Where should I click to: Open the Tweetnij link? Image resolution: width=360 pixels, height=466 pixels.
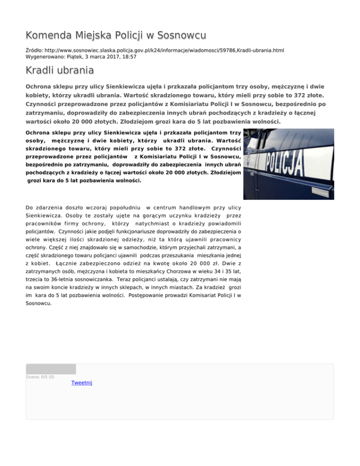pos(82,383)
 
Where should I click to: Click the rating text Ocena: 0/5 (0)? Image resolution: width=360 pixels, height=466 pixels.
pos(40,376)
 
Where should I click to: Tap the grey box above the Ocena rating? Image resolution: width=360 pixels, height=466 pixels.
pos(51,368)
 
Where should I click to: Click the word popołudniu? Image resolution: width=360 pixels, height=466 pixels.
pos(124,207)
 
